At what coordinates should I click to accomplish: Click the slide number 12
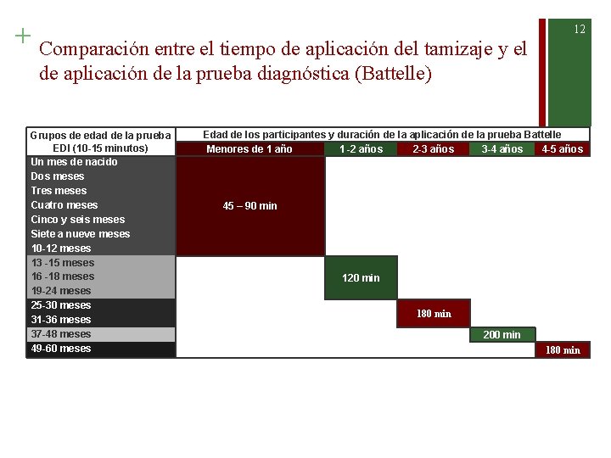(580, 29)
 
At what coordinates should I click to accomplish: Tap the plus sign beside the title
(22, 36)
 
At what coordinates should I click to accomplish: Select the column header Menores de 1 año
(249, 149)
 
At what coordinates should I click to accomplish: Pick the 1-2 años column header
(361, 149)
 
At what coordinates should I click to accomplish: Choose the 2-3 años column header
(433, 149)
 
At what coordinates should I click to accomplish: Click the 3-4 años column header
(502, 149)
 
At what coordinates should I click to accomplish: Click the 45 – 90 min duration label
(249, 206)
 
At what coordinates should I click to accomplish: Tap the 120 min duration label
(361, 278)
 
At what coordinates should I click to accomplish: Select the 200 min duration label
(502, 335)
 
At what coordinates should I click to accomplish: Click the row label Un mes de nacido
(74, 162)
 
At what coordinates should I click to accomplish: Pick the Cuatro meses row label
(64, 205)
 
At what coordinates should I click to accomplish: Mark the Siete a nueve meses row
(81, 234)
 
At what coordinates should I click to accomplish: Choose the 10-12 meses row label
(60, 249)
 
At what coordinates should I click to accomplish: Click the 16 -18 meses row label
(62, 276)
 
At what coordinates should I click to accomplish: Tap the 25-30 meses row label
(60, 305)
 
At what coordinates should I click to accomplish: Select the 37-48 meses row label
(60, 334)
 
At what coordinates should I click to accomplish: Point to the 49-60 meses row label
(60, 349)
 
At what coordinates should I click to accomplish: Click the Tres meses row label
(59, 191)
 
